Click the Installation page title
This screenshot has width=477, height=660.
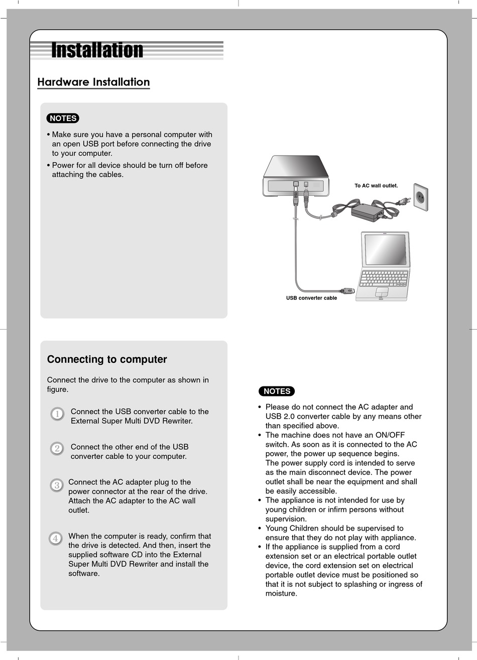(x=97, y=50)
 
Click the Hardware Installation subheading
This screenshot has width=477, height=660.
(x=93, y=82)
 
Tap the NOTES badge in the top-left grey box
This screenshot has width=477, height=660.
(x=63, y=118)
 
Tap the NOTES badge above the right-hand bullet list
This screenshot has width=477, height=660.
(x=277, y=391)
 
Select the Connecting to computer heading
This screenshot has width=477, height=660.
(x=107, y=359)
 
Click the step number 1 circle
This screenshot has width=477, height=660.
(x=57, y=414)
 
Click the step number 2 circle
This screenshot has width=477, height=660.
(x=57, y=448)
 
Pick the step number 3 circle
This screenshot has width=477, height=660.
(x=57, y=485)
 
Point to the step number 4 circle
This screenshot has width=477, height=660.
(x=56, y=539)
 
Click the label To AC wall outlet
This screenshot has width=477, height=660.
(x=376, y=186)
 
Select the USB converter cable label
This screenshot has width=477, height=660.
(x=311, y=298)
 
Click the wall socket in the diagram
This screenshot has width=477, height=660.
(x=421, y=197)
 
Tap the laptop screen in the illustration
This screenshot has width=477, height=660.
(x=386, y=249)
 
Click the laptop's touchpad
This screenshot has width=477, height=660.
(x=382, y=292)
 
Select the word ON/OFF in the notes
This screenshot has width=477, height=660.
(x=390, y=435)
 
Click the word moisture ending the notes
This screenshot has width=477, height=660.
(x=281, y=594)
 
